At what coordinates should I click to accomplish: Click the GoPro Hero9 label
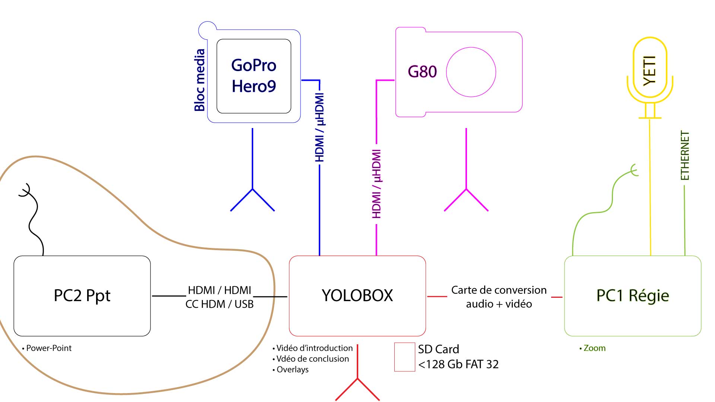coord(254,76)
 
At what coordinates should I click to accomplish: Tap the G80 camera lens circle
coord(471,72)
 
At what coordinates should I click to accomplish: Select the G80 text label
coord(422,72)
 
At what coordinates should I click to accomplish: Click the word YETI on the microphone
coord(650,71)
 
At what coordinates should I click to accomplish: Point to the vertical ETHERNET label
coord(685,156)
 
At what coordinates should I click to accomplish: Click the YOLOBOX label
coord(357,296)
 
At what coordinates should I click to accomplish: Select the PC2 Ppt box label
coord(82,296)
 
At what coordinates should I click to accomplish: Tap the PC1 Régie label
coord(632,296)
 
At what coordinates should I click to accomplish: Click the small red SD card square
coord(404,357)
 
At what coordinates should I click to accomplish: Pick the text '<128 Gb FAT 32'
coord(458,364)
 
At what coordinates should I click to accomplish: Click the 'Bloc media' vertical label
coord(200,80)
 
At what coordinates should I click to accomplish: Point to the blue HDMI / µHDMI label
coord(320,127)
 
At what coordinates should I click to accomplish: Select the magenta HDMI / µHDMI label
coord(376,184)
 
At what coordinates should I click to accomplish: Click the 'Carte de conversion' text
coord(499,290)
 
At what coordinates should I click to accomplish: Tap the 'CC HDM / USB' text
coord(219,304)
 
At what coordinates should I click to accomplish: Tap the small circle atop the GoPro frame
coord(207,30)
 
